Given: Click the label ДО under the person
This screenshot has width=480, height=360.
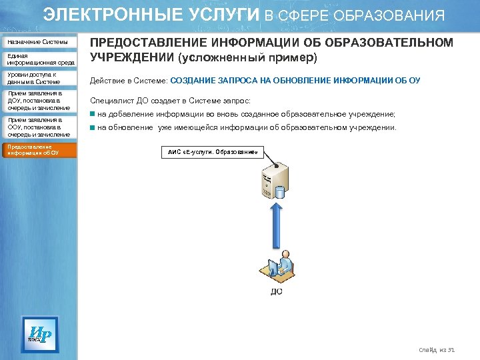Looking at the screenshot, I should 276,291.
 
